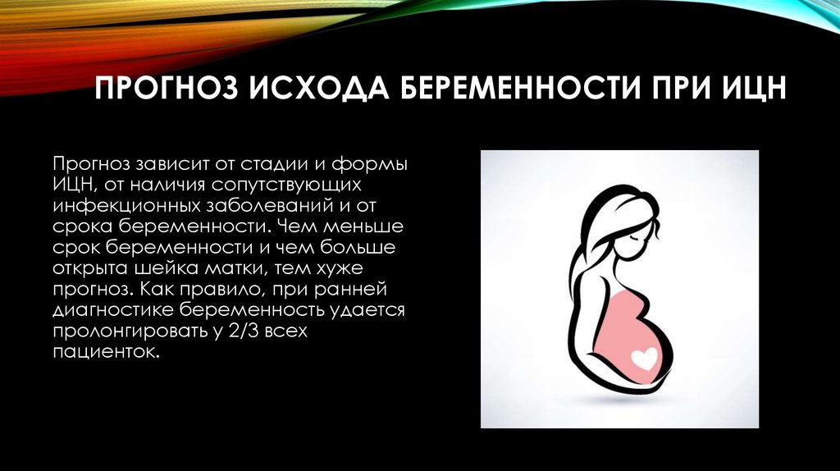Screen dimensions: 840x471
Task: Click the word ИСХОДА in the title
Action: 319,88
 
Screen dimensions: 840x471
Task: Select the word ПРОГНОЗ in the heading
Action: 166,88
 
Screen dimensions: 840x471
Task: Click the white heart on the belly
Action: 644,358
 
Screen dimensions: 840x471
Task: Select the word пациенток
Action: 107,352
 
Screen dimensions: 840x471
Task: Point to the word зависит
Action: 169,164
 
